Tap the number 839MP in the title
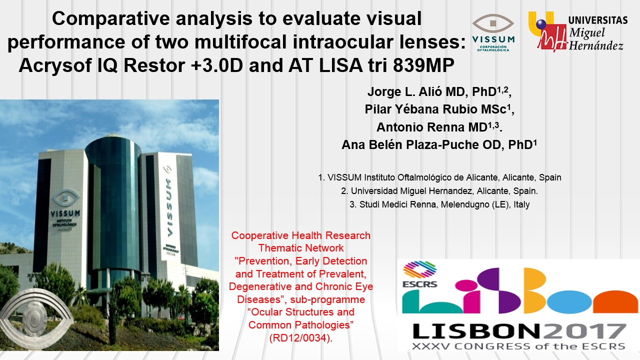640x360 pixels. point(423,65)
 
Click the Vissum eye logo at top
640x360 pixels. point(493,23)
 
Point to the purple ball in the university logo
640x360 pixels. point(541,24)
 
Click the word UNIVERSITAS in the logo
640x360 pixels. point(598,20)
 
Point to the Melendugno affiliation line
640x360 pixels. point(439,204)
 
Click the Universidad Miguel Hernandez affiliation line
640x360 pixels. point(439,191)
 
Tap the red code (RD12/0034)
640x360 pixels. point(301,338)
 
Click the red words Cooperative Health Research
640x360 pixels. point(301,235)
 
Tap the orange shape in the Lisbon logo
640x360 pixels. point(615,301)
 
